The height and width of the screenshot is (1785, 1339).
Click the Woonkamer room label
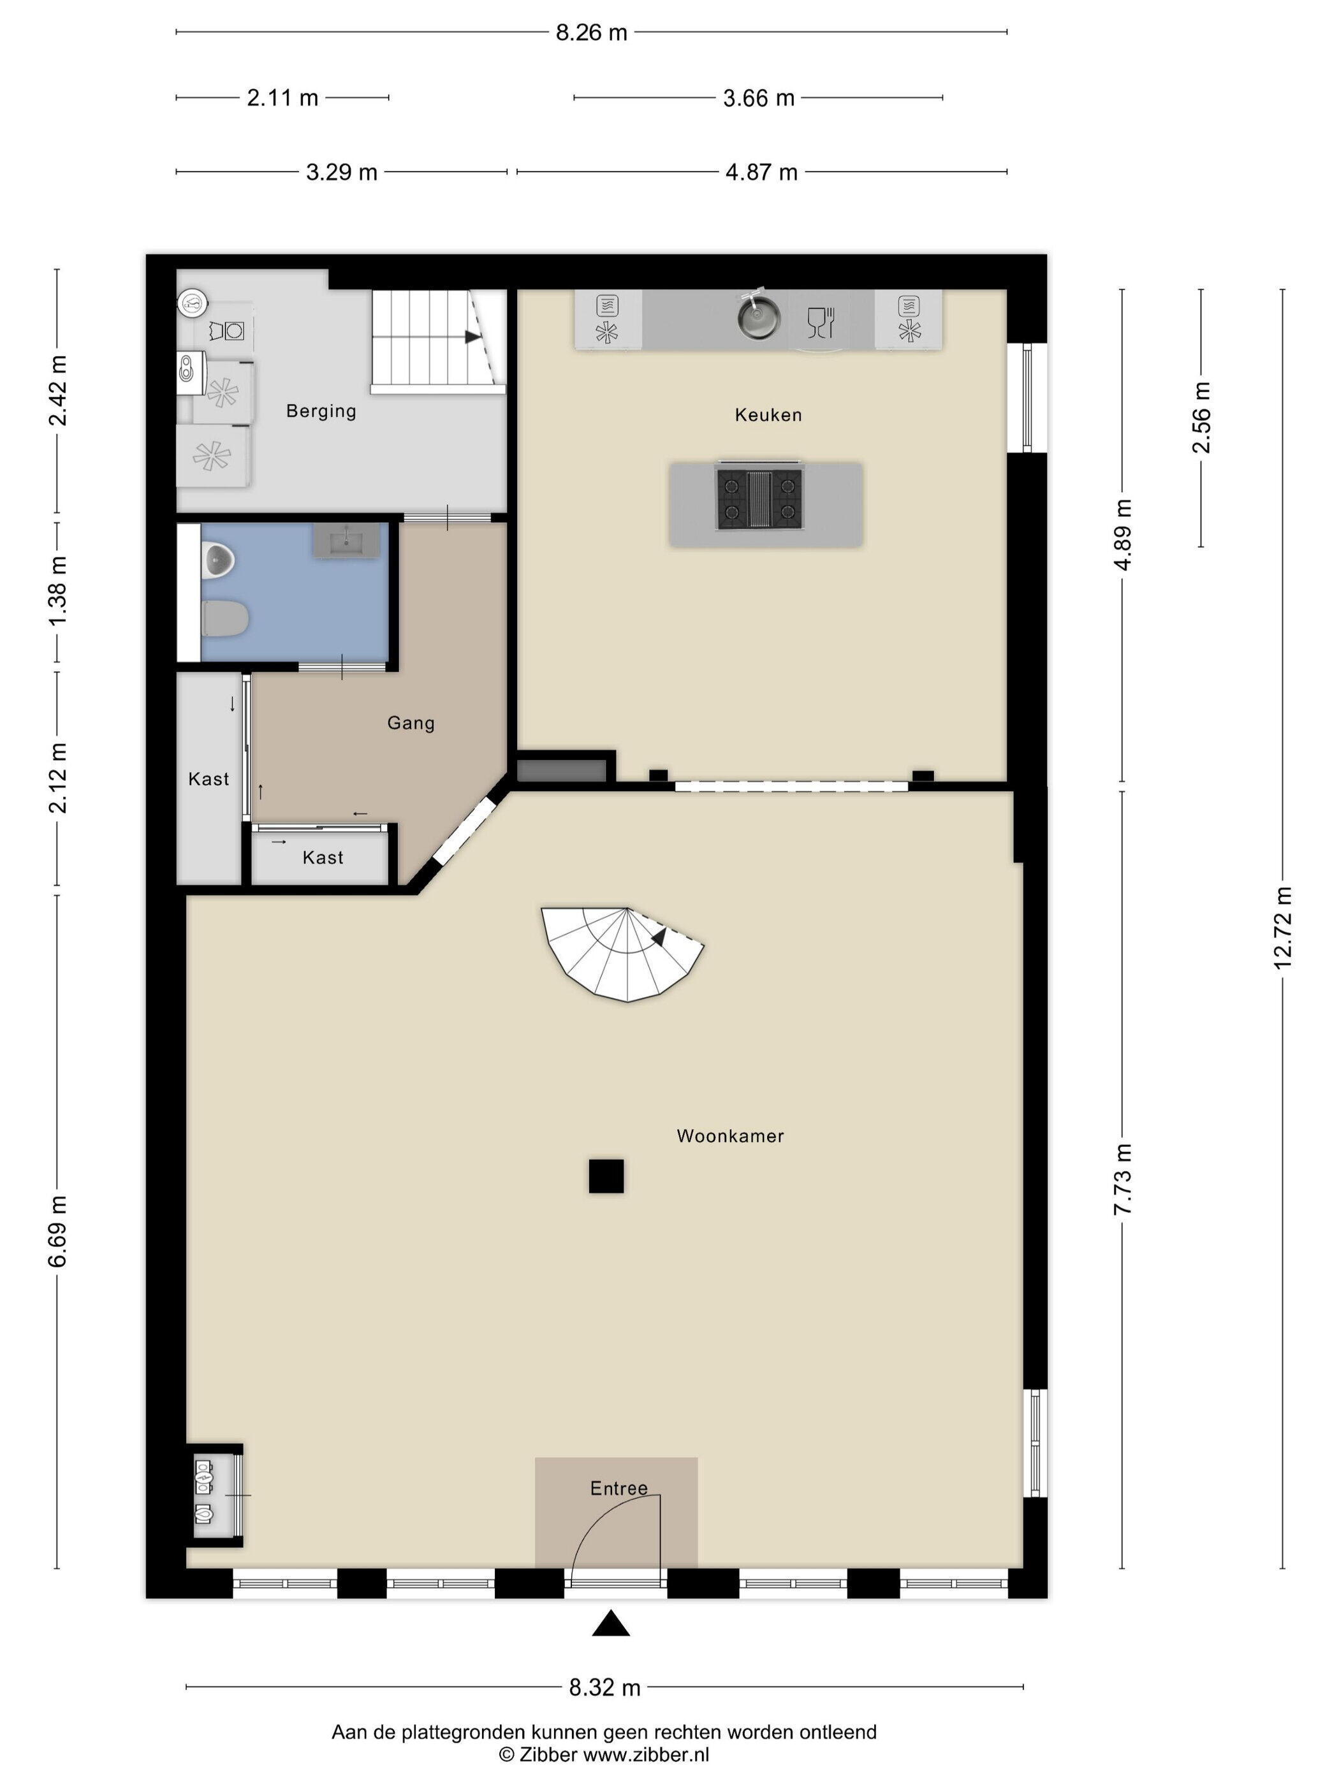coord(729,1135)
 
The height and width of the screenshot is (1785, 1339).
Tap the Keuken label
coord(768,415)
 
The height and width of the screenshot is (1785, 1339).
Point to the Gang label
coord(411,723)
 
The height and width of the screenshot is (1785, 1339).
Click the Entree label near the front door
coord(619,1488)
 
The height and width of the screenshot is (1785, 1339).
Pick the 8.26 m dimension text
coord(592,33)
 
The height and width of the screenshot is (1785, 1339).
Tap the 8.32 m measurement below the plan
coord(604,1687)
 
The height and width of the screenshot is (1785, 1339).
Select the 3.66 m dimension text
coord(759,98)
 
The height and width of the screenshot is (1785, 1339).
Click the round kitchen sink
coord(759,317)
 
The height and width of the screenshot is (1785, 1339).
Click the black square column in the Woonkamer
coord(606,1176)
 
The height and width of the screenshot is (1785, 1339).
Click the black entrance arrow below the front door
coord(611,1623)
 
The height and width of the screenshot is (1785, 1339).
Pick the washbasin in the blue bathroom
coord(346,540)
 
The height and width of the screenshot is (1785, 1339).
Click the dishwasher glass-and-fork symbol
coord(821,322)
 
